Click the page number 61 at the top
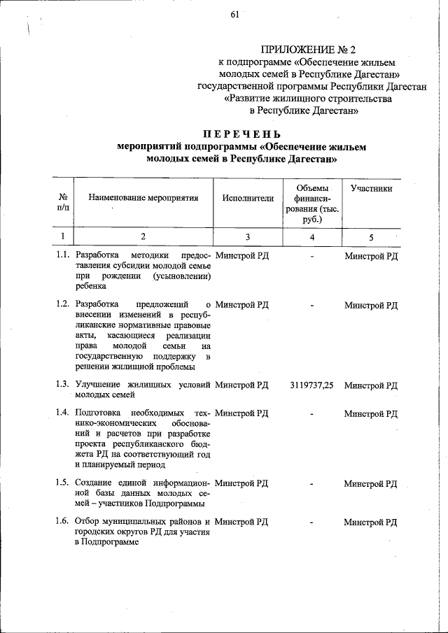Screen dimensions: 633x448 point(234,16)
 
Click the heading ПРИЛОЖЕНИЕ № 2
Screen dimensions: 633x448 point(308,50)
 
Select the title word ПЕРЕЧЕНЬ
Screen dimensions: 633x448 point(242,134)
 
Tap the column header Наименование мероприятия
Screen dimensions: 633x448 point(143,198)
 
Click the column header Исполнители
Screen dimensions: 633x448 point(248,198)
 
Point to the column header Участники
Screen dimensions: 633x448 point(371,188)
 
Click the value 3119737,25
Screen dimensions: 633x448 point(311,385)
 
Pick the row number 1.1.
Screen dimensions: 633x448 point(63,256)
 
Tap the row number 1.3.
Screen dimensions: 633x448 point(63,385)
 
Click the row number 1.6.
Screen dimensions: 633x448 point(63,522)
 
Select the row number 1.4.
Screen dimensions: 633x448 point(63,414)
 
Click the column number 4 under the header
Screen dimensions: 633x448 point(311,237)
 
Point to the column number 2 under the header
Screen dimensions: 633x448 point(143,237)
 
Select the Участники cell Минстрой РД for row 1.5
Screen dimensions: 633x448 point(371,483)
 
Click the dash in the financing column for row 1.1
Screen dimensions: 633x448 point(312,257)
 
